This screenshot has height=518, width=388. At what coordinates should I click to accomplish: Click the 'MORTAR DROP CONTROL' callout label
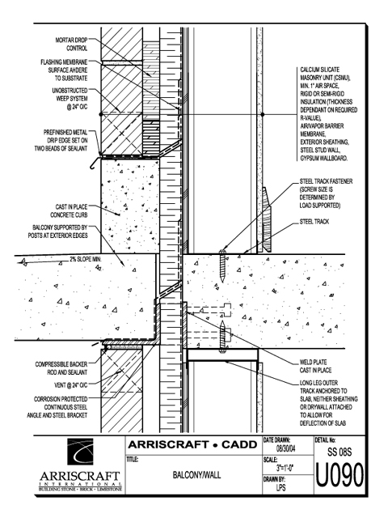[71, 45]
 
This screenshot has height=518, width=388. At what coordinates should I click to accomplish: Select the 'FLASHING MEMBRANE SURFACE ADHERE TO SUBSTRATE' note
[64, 70]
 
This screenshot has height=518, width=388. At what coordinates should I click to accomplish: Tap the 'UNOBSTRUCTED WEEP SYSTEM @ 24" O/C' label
[70, 99]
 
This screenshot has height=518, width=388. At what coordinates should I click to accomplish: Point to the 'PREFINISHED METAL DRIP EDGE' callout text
[61, 140]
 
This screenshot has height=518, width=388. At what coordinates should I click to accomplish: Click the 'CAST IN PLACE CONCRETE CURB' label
[69, 210]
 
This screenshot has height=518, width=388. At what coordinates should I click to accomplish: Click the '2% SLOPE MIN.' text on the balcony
[85, 259]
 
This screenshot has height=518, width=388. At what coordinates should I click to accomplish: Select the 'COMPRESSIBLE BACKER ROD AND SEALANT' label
[61, 368]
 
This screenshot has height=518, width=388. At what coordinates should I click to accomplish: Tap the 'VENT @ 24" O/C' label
[71, 385]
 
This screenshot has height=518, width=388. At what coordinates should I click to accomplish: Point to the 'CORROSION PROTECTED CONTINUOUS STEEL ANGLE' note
[57, 407]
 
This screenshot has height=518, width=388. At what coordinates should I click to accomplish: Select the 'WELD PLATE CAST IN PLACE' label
[315, 366]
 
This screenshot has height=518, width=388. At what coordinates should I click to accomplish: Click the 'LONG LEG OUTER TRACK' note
[329, 403]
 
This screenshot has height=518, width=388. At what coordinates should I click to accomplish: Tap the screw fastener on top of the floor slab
[223, 266]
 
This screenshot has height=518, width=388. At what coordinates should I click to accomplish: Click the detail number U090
[339, 475]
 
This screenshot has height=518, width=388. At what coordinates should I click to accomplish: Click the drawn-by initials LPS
[281, 487]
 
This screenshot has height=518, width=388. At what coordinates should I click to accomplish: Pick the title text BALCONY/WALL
[196, 475]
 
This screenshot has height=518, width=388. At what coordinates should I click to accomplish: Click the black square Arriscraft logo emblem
[80, 452]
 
